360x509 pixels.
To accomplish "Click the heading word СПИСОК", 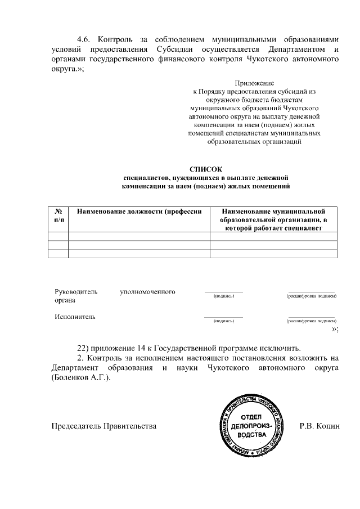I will click(x=206, y=169).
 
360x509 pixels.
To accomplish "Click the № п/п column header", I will click(x=58, y=215).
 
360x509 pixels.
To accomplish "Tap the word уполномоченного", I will click(x=147, y=292).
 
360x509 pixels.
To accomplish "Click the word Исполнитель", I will click(x=75, y=317).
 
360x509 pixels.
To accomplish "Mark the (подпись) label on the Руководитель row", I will click(x=224, y=296).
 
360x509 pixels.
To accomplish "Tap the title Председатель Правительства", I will click(x=103, y=426).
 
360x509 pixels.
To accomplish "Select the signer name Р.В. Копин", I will click(x=319, y=426).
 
